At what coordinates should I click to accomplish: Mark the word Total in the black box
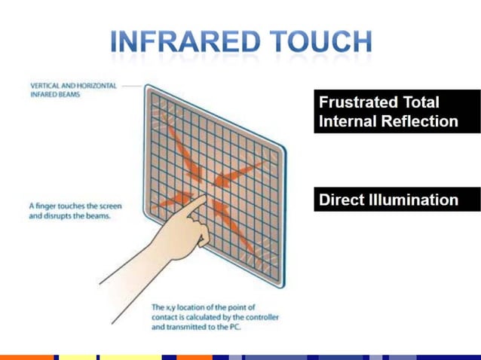[421, 102]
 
